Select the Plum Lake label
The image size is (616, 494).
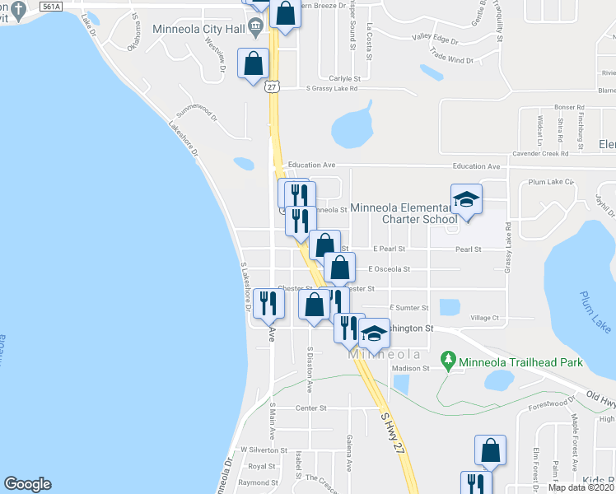click(594, 312)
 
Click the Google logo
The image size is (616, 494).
click(27, 484)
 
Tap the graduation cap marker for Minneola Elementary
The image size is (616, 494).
click(466, 199)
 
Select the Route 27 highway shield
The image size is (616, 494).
click(273, 86)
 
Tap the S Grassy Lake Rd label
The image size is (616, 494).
click(332, 89)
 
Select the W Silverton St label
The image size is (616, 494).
click(263, 450)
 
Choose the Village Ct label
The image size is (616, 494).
click(484, 318)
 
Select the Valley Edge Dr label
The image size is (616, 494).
click(435, 38)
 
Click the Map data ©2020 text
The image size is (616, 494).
click(581, 487)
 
